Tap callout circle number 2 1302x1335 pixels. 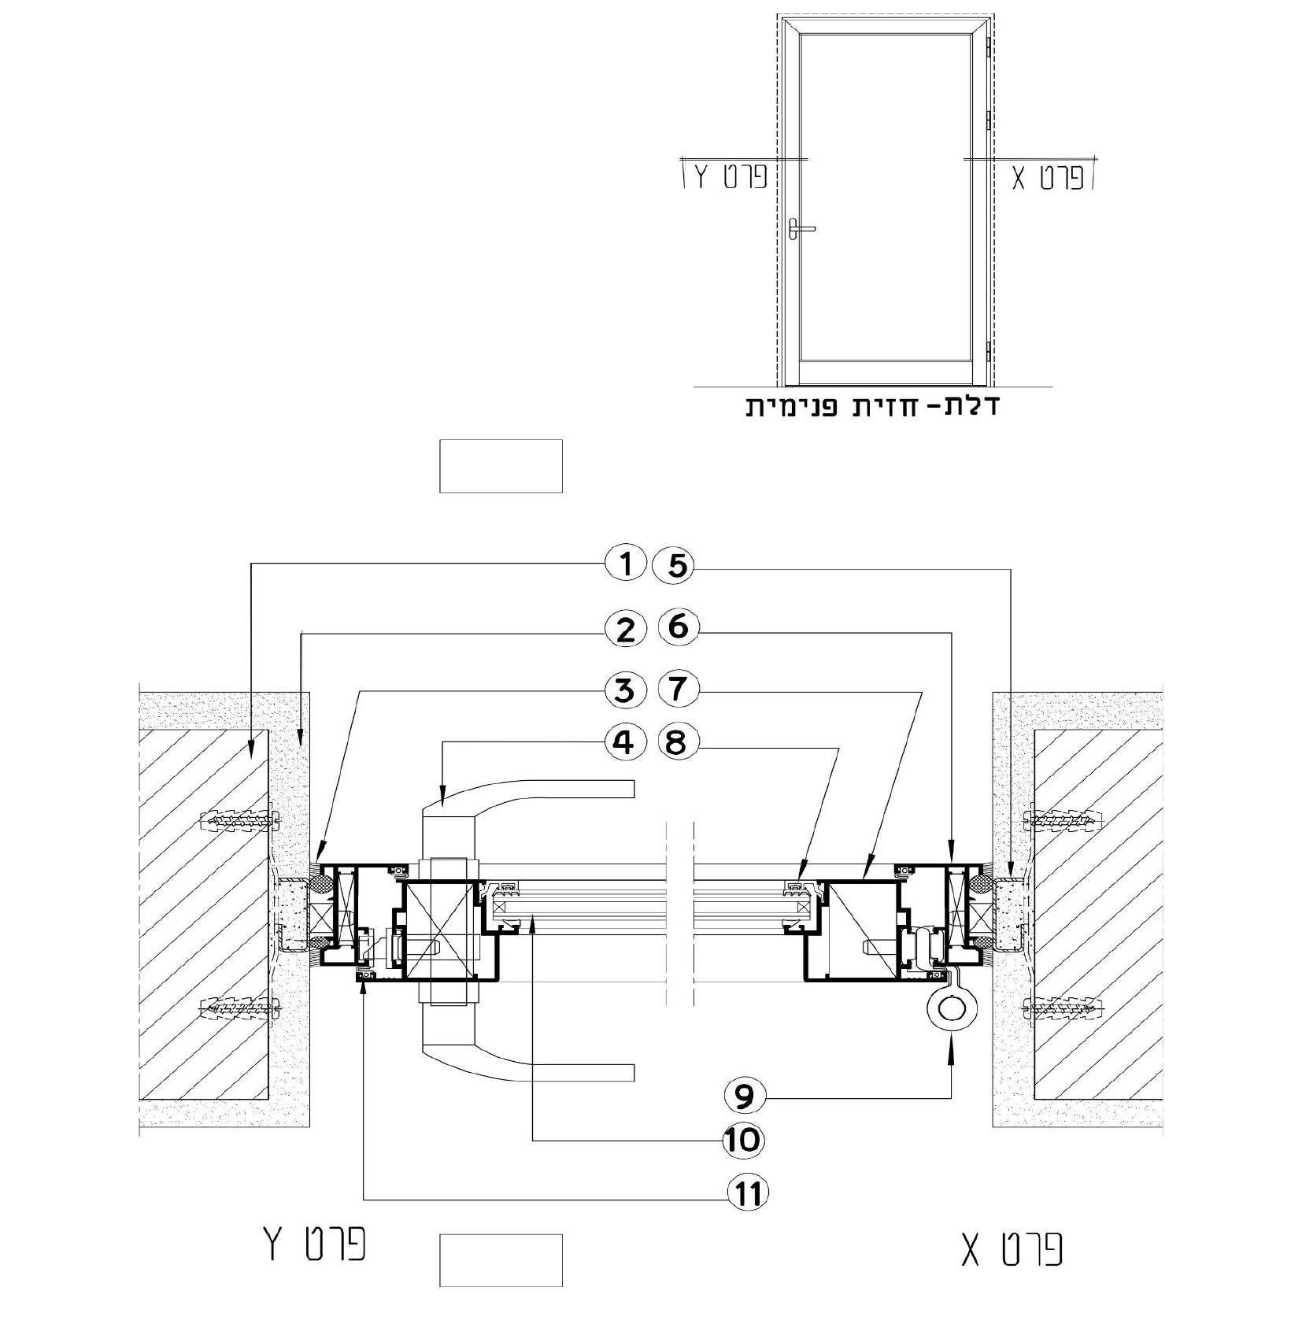(x=626, y=629)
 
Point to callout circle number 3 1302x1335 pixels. (x=626, y=690)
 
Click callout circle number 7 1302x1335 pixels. (x=677, y=690)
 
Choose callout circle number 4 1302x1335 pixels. (x=626, y=742)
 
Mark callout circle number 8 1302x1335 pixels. (x=677, y=742)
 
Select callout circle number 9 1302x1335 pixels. (x=744, y=1096)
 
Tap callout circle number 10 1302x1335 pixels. (x=744, y=1140)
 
